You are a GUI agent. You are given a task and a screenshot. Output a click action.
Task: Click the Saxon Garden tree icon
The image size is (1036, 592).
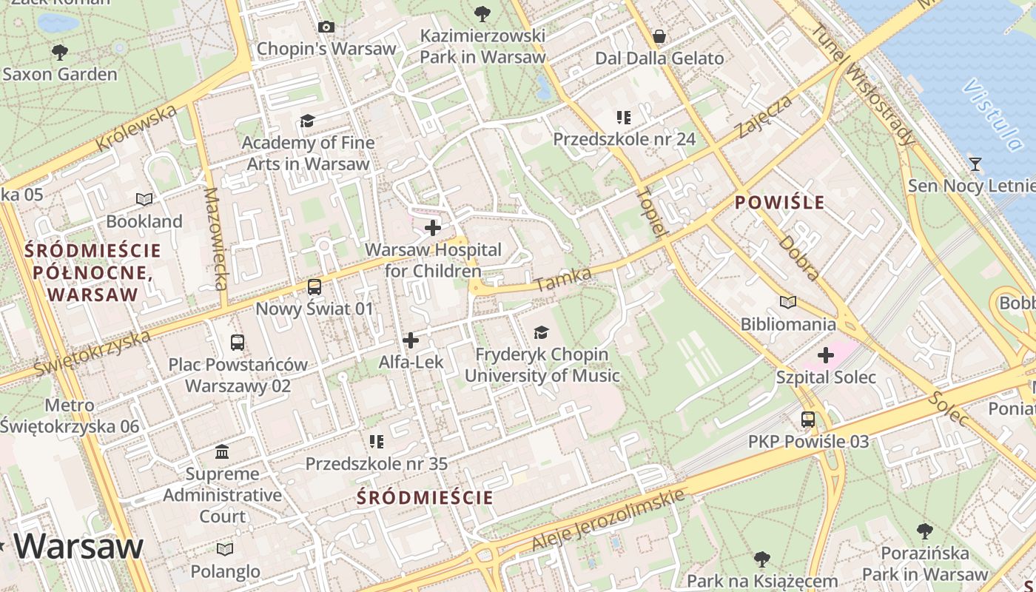[x=60, y=53]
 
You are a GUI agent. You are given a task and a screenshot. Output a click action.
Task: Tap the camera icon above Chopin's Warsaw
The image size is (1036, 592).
[x=326, y=27]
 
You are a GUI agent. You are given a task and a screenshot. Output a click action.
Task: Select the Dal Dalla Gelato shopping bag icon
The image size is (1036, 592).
[x=659, y=36]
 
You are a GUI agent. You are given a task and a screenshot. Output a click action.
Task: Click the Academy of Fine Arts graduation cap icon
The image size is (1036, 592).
[x=307, y=121]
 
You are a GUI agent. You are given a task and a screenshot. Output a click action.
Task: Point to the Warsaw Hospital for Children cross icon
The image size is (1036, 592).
[x=433, y=228]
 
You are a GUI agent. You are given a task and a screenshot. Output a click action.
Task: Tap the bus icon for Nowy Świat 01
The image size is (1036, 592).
[x=314, y=287]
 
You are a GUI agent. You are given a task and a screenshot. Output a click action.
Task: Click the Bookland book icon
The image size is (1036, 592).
[x=144, y=199]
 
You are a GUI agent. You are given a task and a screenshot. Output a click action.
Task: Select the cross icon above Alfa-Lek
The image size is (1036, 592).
[x=411, y=340]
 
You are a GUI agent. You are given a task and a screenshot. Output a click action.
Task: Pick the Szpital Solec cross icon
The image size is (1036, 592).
[x=825, y=356]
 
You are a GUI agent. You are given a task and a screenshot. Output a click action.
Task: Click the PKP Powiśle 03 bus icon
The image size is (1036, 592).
[x=808, y=420]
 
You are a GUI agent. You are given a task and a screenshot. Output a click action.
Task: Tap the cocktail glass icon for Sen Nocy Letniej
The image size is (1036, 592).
[x=975, y=164]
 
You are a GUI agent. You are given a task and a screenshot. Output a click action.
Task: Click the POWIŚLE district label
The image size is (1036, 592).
[x=779, y=203]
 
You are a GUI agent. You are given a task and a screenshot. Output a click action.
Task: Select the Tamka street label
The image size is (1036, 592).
[x=563, y=280]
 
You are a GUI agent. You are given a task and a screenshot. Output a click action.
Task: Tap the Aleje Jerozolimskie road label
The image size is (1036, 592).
[x=608, y=520]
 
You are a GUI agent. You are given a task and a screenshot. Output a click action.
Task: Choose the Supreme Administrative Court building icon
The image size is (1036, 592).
[x=222, y=451]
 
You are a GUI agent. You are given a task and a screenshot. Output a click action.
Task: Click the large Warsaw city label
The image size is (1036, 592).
[x=78, y=546]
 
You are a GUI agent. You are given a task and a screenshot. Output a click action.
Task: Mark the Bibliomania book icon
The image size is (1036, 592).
[x=788, y=302]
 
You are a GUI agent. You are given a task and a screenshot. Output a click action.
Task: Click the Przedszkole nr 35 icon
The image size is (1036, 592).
[x=377, y=442]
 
